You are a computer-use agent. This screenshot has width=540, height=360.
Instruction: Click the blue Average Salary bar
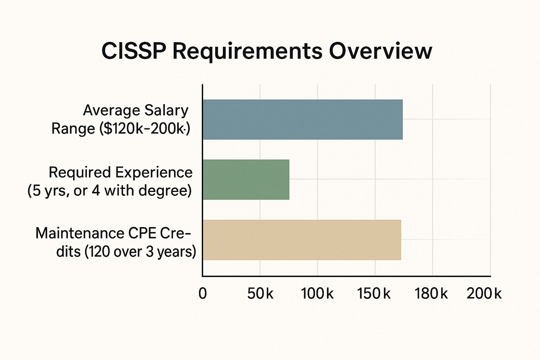click(302, 120)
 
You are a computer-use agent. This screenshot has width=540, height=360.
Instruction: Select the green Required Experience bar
click(246, 180)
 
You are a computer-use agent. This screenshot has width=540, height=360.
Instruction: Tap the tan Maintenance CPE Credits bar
click(302, 240)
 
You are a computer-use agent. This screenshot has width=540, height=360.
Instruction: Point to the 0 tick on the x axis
click(202, 293)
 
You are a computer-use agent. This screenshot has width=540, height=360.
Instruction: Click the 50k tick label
click(260, 293)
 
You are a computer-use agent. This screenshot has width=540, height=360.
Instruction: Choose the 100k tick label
click(317, 293)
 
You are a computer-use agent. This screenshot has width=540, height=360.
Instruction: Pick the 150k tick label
click(374, 293)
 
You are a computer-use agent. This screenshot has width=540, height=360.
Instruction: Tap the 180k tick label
click(431, 293)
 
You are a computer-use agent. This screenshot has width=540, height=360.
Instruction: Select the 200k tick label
click(484, 293)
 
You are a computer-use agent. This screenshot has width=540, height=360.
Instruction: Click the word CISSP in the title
click(134, 51)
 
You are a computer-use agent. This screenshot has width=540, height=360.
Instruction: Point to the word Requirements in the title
click(247, 51)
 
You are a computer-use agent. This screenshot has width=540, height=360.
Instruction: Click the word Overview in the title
click(380, 51)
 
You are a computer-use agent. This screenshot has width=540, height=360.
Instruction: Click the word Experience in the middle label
click(154, 172)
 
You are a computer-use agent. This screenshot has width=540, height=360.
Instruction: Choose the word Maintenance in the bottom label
click(79, 233)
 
